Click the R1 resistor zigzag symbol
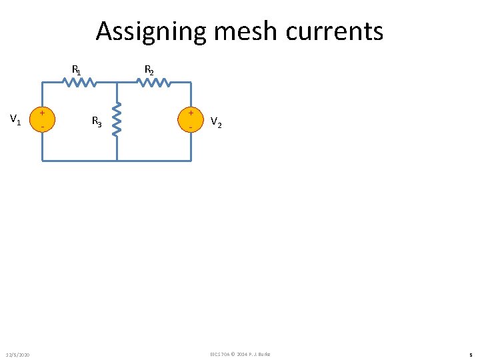tap(80, 83)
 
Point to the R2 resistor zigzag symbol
tap(154, 83)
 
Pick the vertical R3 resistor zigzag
tap(117, 119)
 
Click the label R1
tap(77, 69)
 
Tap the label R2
tap(150, 69)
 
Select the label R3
tap(97, 121)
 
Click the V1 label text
tap(15, 120)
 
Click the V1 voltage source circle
tap(43, 119)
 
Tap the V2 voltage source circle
tap(191, 119)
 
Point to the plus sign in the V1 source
tap(43, 113)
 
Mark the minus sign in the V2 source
tap(191, 127)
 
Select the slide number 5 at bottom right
tap(471, 354)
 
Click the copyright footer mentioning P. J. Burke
tap(240, 353)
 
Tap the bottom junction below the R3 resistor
tap(117, 161)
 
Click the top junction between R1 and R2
tap(117, 83)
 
